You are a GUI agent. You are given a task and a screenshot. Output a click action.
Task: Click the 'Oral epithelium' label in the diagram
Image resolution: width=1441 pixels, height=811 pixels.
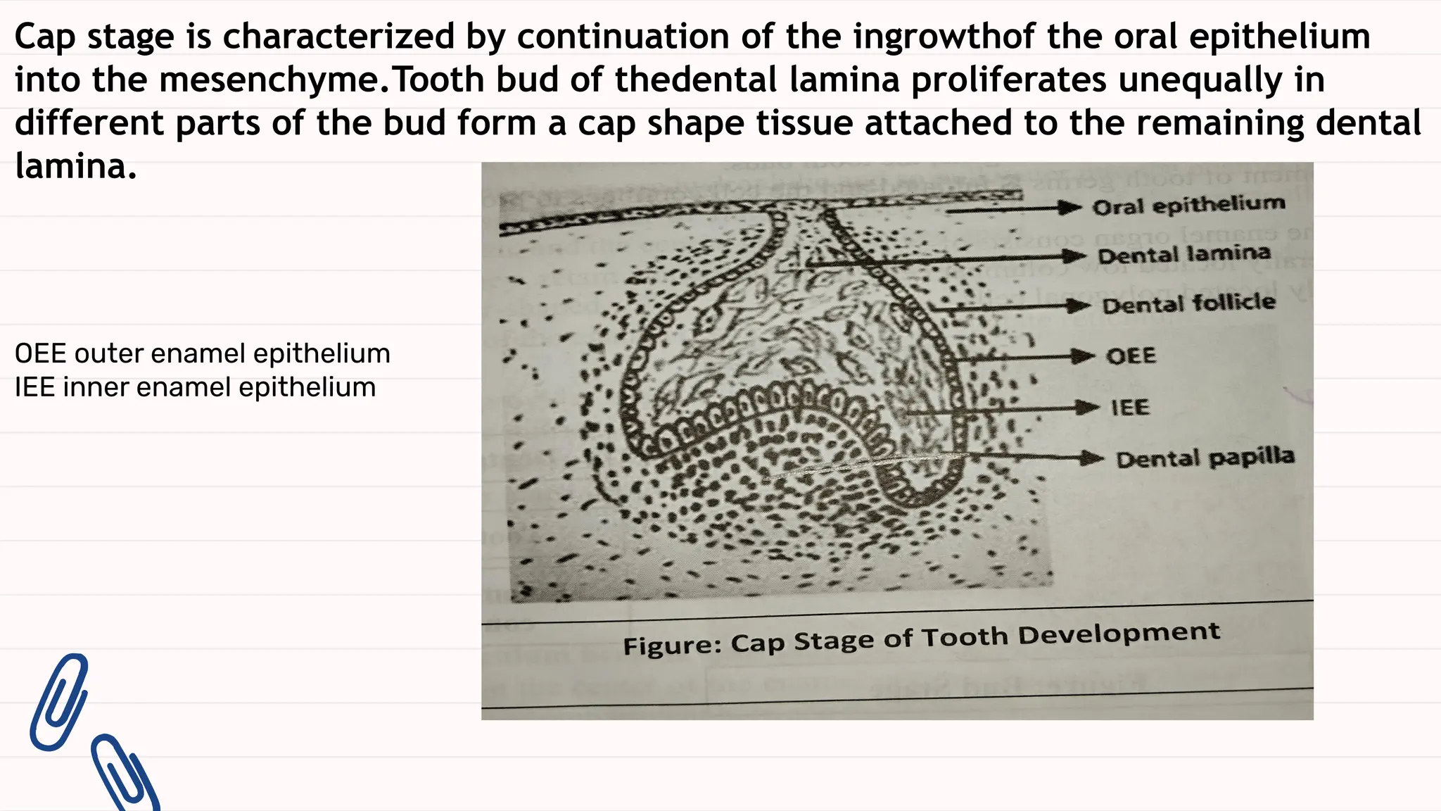pyautogui.click(x=1188, y=205)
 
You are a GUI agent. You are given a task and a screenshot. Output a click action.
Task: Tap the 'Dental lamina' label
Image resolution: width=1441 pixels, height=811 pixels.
pyautogui.click(x=1184, y=254)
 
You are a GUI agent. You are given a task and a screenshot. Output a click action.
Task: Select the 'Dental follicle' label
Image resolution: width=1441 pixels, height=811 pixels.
pyautogui.click(x=1188, y=303)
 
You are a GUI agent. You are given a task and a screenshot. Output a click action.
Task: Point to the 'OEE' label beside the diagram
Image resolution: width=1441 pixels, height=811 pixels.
pyautogui.click(x=1131, y=356)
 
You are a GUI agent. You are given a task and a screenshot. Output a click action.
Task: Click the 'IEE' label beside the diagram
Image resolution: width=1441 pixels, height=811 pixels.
pyautogui.click(x=1129, y=407)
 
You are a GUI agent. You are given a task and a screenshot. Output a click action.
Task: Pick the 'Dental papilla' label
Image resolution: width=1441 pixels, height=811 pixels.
pyautogui.click(x=1205, y=458)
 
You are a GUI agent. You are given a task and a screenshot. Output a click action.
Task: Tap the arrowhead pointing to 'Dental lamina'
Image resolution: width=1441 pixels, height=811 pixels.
pyautogui.click(x=1074, y=256)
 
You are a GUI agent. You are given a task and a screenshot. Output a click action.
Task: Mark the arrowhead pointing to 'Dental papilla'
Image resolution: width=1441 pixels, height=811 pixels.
pyautogui.click(x=1092, y=458)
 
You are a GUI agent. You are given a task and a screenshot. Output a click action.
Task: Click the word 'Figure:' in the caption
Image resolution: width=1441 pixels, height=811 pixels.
pyautogui.click(x=672, y=645)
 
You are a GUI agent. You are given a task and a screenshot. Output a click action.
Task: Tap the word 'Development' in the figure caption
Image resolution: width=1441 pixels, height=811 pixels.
pyautogui.click(x=1118, y=634)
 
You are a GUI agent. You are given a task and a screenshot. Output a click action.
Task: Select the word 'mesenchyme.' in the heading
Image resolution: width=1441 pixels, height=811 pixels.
pyautogui.click(x=271, y=80)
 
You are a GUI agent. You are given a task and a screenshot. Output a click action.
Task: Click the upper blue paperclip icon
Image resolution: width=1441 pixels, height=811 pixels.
pyautogui.click(x=59, y=701)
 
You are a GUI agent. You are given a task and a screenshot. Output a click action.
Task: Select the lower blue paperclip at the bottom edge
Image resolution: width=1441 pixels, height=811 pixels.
pyautogui.click(x=125, y=774)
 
